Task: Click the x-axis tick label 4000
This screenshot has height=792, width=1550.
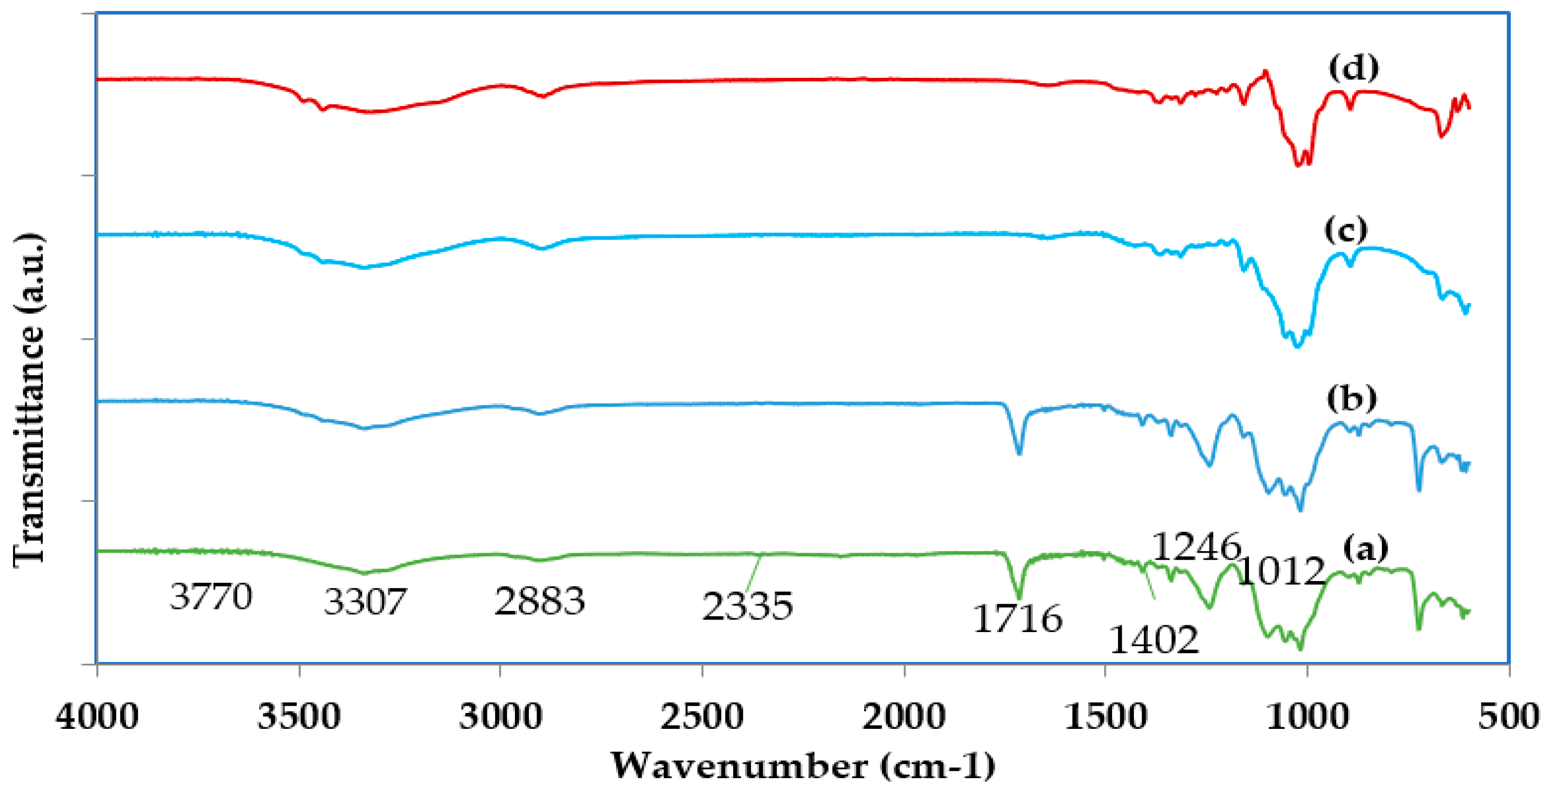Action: tap(97, 717)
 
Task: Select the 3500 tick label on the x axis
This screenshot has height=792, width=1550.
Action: tap(299, 717)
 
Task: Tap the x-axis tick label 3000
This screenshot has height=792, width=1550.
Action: tap(500, 717)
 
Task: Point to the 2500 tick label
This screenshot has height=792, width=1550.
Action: tap(702, 717)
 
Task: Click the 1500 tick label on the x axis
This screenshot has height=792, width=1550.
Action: tap(1105, 717)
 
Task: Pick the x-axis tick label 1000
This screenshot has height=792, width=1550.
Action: tap(1307, 717)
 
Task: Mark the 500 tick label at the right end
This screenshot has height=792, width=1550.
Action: tap(1509, 717)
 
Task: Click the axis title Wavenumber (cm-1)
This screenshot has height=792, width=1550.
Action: tap(803, 766)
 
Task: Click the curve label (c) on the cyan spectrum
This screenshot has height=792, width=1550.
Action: tap(1345, 229)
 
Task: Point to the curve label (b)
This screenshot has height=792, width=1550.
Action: tap(1352, 398)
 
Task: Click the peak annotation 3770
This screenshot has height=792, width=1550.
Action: tap(210, 596)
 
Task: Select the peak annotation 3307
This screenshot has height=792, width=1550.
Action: tap(365, 601)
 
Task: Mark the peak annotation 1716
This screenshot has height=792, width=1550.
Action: tap(1017, 619)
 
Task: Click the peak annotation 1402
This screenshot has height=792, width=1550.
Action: tap(1154, 639)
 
